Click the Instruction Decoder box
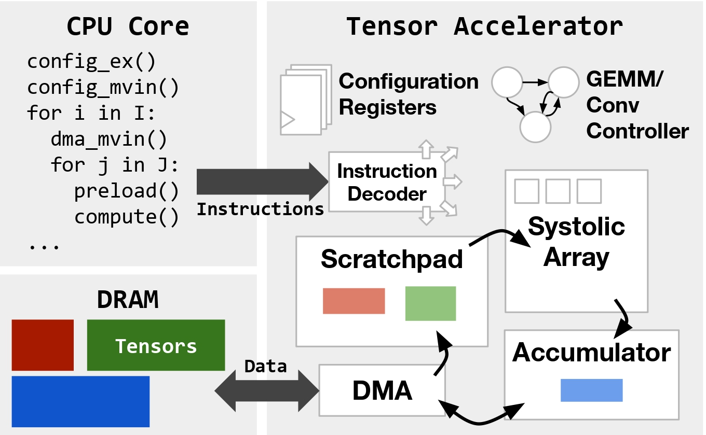387,182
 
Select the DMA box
382,390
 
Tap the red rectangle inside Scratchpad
354,301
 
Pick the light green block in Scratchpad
430,303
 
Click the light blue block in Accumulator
591,390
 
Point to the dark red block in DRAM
43,344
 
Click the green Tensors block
156,345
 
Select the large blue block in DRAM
80,401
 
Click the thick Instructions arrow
260,181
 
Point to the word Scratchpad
391,258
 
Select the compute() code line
126,217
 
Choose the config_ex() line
91,62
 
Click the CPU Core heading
128,26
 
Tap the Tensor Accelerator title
484,26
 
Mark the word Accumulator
591,353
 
